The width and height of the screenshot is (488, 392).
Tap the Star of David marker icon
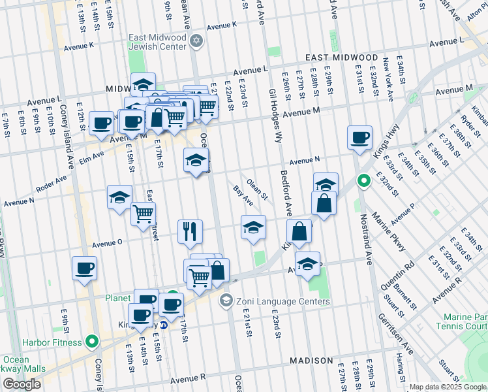point(197,42)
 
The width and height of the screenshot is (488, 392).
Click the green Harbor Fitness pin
point(92,341)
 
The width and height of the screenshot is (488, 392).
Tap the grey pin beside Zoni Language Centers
point(226,301)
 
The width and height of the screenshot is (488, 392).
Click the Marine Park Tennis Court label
point(461,321)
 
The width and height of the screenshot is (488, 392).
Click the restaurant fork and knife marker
point(191,230)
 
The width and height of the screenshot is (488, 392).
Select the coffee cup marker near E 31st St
point(359,137)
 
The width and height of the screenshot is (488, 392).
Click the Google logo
point(22,384)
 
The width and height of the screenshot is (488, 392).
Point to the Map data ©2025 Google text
point(448,387)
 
